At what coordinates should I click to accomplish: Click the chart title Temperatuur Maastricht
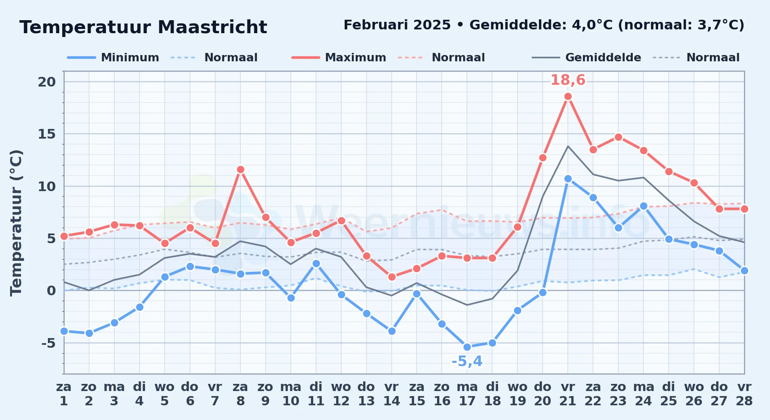click(x=143, y=27)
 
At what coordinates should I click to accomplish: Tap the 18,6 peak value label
click(x=568, y=80)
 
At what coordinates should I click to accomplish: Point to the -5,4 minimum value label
click(x=467, y=361)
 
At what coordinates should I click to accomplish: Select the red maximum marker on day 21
click(x=568, y=97)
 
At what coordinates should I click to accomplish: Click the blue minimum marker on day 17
click(x=467, y=347)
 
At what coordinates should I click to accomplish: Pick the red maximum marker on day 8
click(x=240, y=170)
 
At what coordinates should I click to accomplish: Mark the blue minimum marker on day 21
click(x=568, y=178)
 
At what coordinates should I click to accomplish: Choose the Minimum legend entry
click(x=113, y=58)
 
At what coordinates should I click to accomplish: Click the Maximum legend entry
click(x=339, y=58)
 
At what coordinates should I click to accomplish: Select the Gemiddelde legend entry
click(x=587, y=58)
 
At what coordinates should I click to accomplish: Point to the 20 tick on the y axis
click(x=47, y=82)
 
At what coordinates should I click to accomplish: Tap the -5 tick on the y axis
click(x=48, y=343)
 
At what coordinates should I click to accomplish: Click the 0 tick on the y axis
click(x=51, y=291)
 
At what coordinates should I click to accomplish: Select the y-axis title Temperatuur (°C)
click(x=16, y=223)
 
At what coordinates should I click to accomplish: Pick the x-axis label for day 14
click(x=391, y=394)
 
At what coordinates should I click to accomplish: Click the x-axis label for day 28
click(x=744, y=394)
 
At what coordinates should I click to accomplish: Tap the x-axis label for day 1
click(x=64, y=394)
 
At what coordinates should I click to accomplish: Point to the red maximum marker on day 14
click(x=392, y=277)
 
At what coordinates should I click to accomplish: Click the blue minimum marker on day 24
click(x=643, y=206)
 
